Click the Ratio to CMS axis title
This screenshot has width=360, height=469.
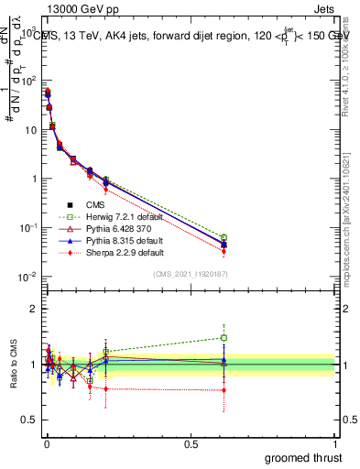coord(14,364)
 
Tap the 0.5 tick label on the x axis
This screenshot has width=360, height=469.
coord(191,443)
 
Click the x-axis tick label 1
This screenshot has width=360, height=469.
coord(336,443)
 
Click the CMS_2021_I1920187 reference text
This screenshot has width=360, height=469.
coord(191,273)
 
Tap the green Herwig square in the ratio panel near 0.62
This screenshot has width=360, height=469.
coord(224,337)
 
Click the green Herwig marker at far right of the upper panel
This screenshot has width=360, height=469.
coord(224,237)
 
